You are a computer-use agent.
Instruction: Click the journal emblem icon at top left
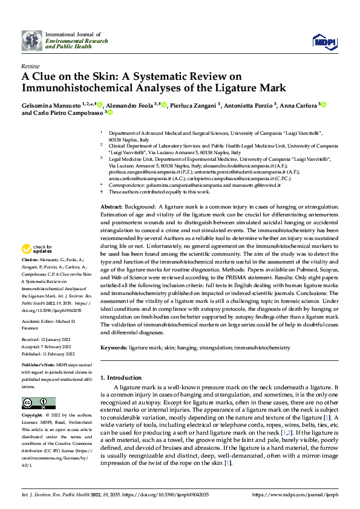pos(31,41)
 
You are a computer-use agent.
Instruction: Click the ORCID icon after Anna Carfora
pos(324,105)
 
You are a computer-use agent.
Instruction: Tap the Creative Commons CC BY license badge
pos(39,403)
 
